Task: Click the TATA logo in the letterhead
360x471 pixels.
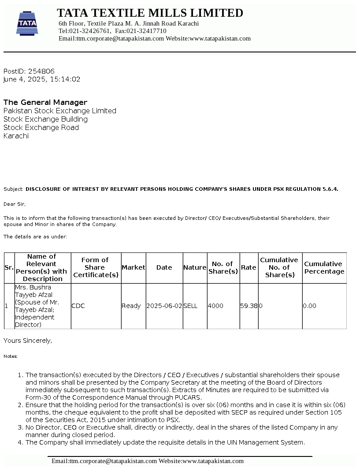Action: pyautogui.click(x=27, y=23)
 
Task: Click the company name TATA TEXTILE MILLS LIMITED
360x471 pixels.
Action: pyautogui.click(x=150, y=13)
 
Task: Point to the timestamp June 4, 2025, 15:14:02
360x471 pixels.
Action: pyautogui.click(x=42, y=79)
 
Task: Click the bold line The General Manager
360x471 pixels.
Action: pyautogui.click(x=45, y=102)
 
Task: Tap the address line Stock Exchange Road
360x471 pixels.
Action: pyautogui.click(x=41, y=127)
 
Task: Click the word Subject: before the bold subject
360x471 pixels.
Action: pyautogui.click(x=13, y=189)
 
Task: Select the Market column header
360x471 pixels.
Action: pyautogui.click(x=133, y=267)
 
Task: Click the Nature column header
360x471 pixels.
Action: pyautogui.click(x=195, y=267)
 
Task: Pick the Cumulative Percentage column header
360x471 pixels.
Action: pyautogui.click(x=324, y=267)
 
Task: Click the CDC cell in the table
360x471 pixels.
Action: pyautogui.click(x=78, y=306)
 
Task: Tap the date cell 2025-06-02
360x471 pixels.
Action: pyautogui.click(x=164, y=306)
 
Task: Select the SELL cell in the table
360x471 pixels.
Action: pyautogui.click(x=190, y=306)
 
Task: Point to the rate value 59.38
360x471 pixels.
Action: pyautogui.click(x=249, y=306)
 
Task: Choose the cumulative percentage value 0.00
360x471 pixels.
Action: pyautogui.click(x=309, y=306)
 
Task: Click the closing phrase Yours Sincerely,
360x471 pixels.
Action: pyautogui.click(x=28, y=341)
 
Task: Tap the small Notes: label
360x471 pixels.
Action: pyautogui.click(x=11, y=356)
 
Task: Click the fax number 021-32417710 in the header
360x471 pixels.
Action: pyautogui.click(x=147, y=31)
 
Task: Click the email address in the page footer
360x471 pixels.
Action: pyautogui.click(x=104, y=461)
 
